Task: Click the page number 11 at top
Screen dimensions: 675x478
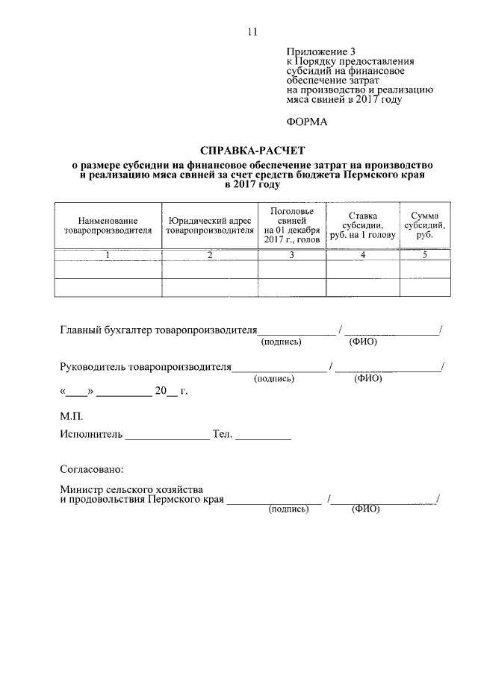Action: pos(250,31)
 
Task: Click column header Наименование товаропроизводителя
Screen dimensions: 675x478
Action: pos(108,226)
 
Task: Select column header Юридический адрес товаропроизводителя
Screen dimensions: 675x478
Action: pos(210,226)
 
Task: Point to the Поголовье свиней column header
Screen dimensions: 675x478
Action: pos(291,225)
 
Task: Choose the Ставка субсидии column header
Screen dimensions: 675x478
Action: pos(362,225)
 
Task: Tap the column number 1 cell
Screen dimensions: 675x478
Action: pos(108,255)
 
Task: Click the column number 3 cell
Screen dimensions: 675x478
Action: pos(291,255)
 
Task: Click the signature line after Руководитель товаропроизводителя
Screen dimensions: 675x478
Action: pos(279,369)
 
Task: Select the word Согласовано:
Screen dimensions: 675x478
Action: pos(92,470)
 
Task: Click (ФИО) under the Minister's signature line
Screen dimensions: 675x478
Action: pos(365,509)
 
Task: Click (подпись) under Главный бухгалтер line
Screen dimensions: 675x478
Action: pos(280,342)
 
